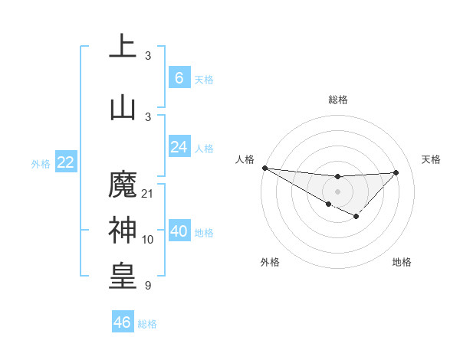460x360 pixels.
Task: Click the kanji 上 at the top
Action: point(123,47)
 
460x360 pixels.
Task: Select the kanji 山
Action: point(123,107)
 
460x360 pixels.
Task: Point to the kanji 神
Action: point(123,230)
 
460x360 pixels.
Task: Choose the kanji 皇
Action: point(123,276)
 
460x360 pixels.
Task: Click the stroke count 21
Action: point(148,193)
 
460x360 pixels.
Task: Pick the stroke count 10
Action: point(148,240)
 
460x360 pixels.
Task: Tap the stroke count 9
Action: point(147,286)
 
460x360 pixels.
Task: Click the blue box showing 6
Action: point(179,77)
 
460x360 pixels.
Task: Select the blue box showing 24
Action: point(179,147)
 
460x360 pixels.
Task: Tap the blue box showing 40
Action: point(179,231)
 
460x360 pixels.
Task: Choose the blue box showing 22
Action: point(65,162)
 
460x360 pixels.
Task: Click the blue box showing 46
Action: point(123,322)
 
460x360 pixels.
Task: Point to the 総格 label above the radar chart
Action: point(337,100)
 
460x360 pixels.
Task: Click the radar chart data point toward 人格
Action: point(264,168)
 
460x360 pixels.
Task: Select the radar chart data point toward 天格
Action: point(396,172)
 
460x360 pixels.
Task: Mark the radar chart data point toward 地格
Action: point(356,218)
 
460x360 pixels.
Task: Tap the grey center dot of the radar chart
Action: point(337,191)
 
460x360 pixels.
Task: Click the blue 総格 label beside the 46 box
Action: point(147,323)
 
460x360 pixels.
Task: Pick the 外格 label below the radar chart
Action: point(270,262)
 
